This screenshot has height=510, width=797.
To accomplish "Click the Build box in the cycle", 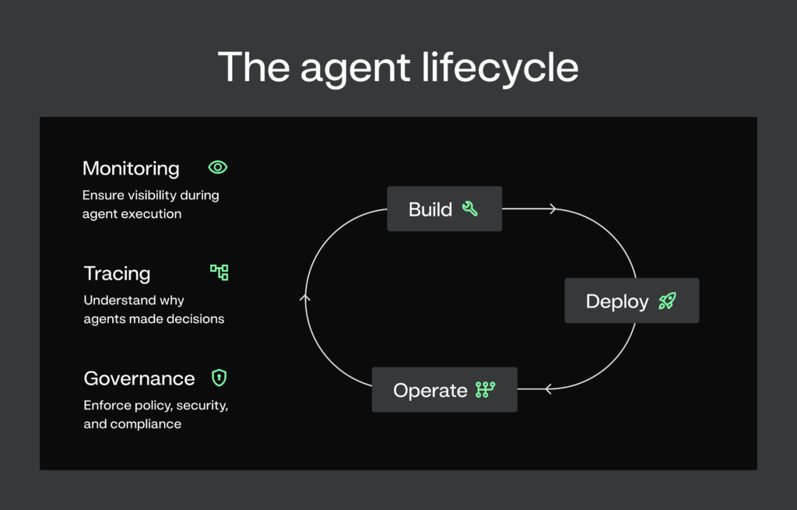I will pyautogui.click(x=444, y=209).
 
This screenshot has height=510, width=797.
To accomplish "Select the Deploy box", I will pyautogui.click(x=631, y=301).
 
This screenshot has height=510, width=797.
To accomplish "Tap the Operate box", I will pyautogui.click(x=444, y=389).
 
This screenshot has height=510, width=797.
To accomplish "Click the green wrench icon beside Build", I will pyautogui.click(x=469, y=209).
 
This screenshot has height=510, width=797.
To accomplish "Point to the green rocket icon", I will pyautogui.click(x=667, y=301).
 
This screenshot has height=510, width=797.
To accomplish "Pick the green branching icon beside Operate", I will pyautogui.click(x=486, y=389).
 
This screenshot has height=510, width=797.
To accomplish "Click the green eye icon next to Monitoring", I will pyautogui.click(x=218, y=167).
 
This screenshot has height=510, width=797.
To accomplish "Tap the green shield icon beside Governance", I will pyautogui.click(x=219, y=378).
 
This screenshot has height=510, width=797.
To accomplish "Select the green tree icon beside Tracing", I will pyautogui.click(x=219, y=273).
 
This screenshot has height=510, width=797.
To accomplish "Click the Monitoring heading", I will pyautogui.click(x=131, y=168).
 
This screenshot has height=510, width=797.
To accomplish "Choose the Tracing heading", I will pyautogui.click(x=117, y=273).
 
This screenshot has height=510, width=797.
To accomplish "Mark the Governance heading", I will pyautogui.click(x=139, y=378).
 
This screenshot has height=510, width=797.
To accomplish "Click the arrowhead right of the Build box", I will pyautogui.click(x=553, y=209).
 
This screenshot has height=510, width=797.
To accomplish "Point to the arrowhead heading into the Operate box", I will pyautogui.click(x=548, y=389).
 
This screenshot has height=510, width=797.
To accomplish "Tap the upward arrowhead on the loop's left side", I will pyautogui.click(x=305, y=297).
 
